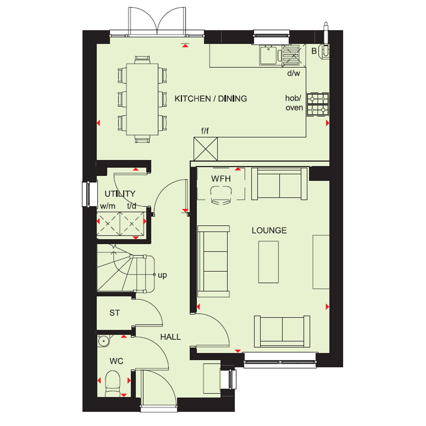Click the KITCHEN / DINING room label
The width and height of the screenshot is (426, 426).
211,99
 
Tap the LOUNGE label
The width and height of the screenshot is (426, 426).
269,230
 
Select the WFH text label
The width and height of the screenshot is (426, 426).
221,179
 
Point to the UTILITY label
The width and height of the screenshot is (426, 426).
120,194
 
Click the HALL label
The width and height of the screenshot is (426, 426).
170,337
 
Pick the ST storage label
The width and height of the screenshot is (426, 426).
114,313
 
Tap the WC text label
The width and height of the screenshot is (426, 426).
116,361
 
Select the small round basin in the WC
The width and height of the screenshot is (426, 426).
103,341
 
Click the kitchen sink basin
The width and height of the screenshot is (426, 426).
268,55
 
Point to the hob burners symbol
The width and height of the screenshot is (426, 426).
317,104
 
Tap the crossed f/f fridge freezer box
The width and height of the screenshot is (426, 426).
206,149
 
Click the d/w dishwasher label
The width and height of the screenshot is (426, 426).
293,73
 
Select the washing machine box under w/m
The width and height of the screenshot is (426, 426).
109,223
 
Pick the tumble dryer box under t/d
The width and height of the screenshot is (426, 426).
131,223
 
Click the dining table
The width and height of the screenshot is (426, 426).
142,99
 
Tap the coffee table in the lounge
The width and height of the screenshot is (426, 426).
268,262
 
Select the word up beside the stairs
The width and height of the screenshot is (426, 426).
162,275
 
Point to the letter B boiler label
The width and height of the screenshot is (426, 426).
314,51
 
